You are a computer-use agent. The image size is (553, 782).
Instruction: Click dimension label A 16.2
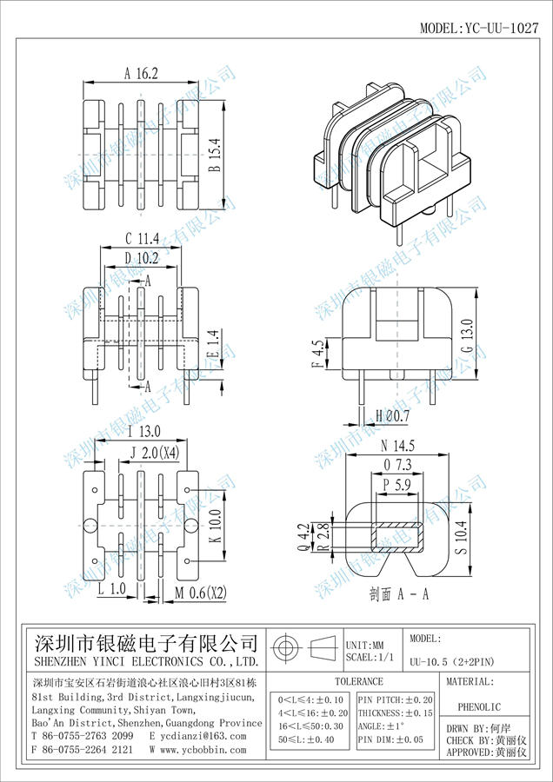pyautogui.click(x=141, y=74)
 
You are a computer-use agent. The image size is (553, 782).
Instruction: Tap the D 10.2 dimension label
pyautogui.click(x=141, y=258)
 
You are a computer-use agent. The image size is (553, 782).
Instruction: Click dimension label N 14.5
pyautogui.click(x=397, y=446)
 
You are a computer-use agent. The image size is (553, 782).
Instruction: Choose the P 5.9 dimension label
pyautogui.click(x=396, y=486)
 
